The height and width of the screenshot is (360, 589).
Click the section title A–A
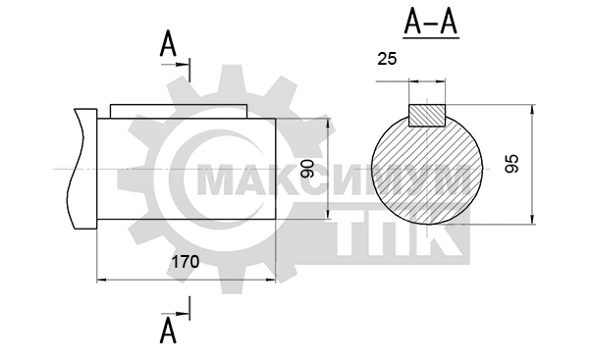click(x=431, y=23)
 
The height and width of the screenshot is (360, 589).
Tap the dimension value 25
click(x=387, y=59)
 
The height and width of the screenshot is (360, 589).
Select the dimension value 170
click(x=186, y=262)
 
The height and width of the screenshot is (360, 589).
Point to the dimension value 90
click(x=307, y=169)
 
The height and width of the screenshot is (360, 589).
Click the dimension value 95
click(x=511, y=164)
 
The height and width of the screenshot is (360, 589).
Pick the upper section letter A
click(x=168, y=43)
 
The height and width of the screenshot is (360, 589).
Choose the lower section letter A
click(x=168, y=331)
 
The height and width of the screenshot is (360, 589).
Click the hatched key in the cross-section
click(x=427, y=115)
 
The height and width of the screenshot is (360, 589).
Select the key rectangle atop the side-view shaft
click(x=179, y=112)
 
